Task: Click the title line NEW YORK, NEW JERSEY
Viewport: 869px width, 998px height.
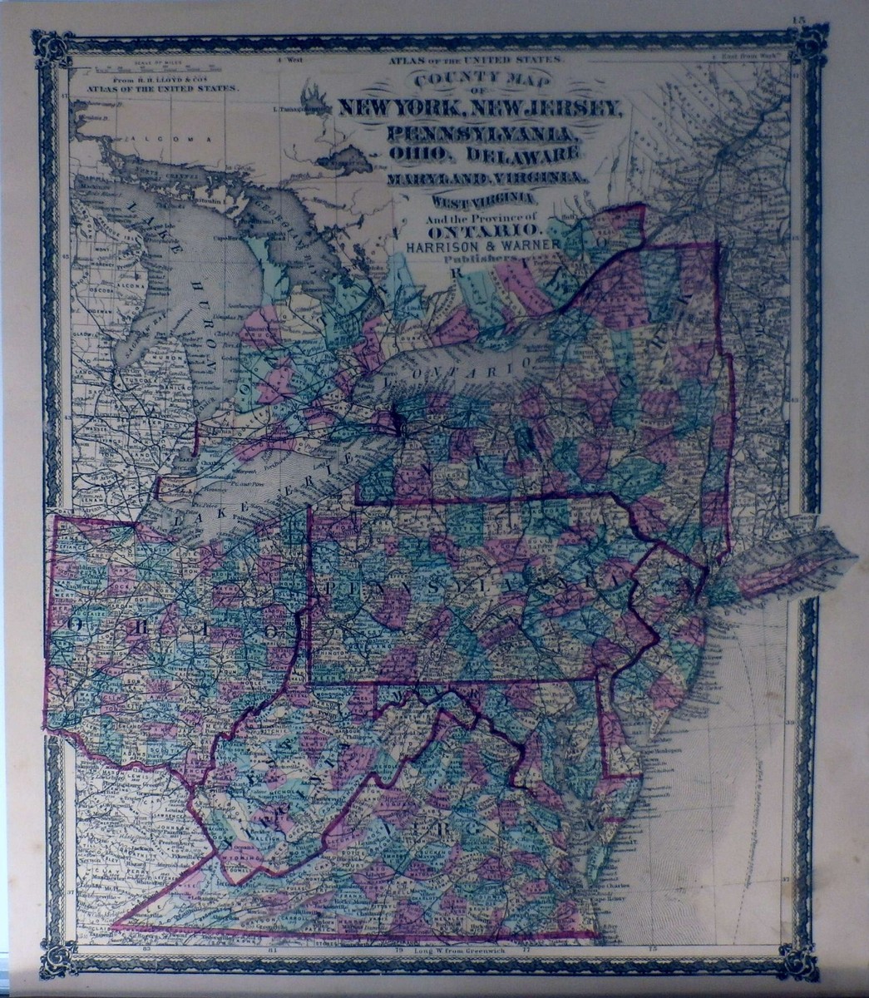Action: [478, 108]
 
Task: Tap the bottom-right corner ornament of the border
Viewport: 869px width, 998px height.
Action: [799, 961]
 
